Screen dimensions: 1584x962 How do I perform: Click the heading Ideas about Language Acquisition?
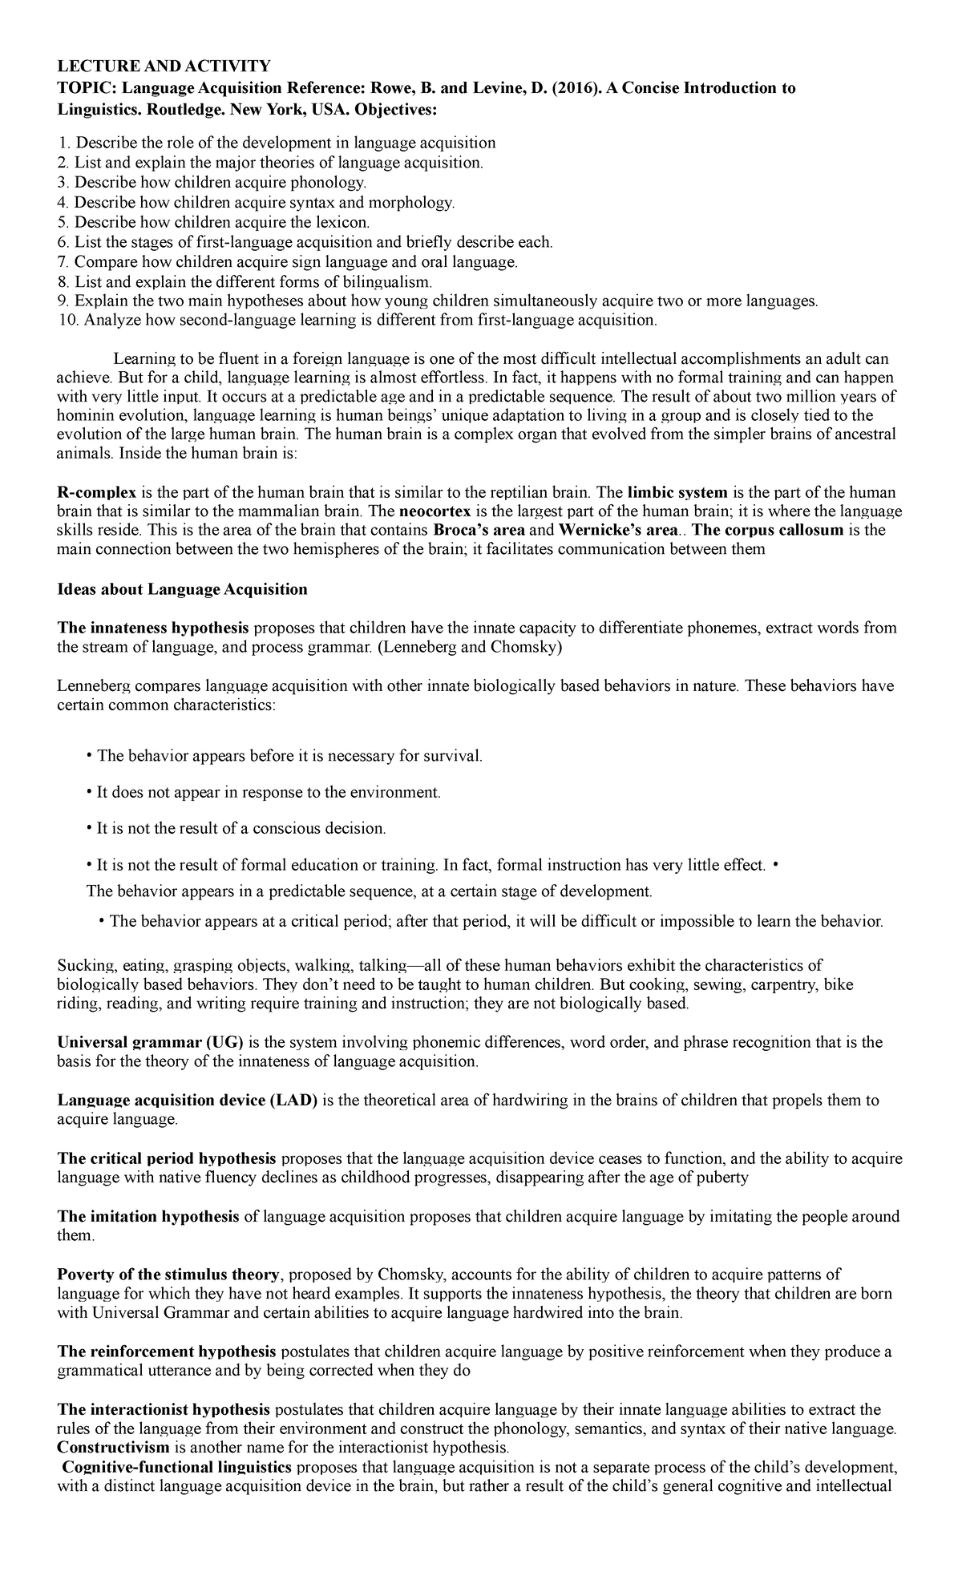coord(183,589)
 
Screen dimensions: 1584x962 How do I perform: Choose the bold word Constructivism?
coord(113,1448)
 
